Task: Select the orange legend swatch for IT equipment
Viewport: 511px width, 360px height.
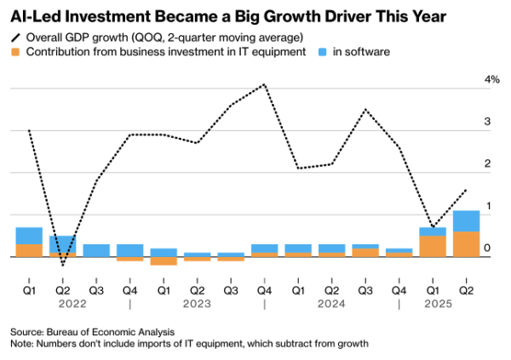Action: coord(15,52)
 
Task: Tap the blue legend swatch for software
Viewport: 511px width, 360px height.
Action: coord(322,52)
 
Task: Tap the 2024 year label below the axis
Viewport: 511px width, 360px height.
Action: coord(331,303)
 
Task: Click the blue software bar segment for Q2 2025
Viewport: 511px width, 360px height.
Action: coord(466,220)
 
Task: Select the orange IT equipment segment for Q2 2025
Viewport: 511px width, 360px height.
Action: coord(466,243)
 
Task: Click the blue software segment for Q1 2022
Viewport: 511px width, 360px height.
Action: coord(29,236)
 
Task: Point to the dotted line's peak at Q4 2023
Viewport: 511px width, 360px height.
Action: coord(265,84)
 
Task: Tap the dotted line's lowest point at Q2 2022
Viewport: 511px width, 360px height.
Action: coord(63,266)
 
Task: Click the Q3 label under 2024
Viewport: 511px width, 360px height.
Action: coord(365,289)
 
